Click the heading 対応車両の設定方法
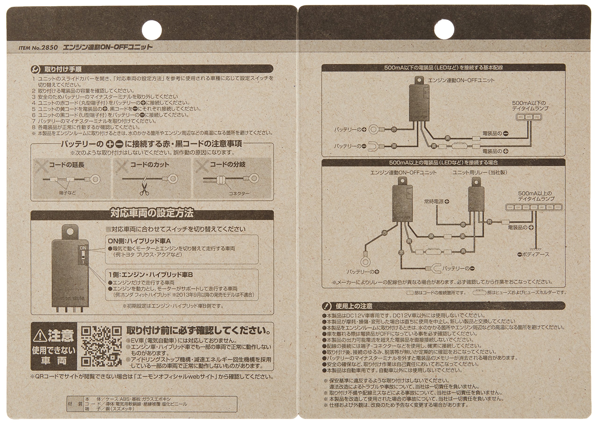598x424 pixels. pos(152,213)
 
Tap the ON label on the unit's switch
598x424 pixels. pos(83,248)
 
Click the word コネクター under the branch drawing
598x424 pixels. pos(239,193)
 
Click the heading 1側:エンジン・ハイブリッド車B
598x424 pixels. pos(150,275)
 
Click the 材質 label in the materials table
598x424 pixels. pos(75,404)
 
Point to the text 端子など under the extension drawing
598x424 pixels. pos(67,193)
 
